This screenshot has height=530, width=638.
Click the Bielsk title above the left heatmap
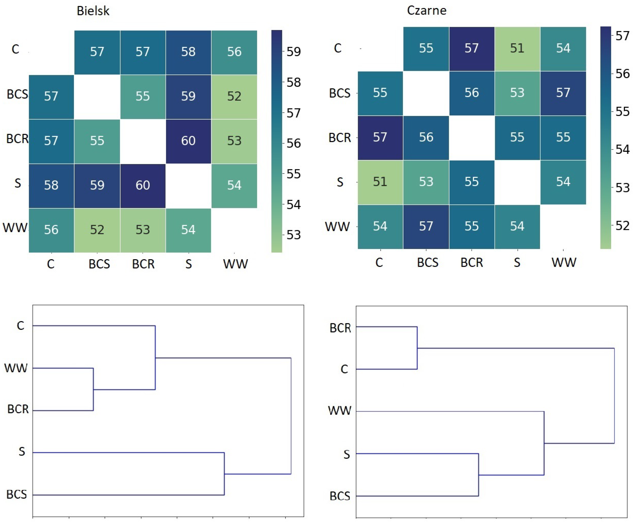[x=93, y=11]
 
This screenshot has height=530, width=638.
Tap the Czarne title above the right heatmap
[x=427, y=11]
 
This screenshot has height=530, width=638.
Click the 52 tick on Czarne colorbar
[x=622, y=226]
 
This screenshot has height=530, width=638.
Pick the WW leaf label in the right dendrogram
[x=340, y=411]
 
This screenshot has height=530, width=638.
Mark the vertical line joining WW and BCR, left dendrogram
[x=93, y=389]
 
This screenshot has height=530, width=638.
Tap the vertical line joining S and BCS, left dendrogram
[x=224, y=474]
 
